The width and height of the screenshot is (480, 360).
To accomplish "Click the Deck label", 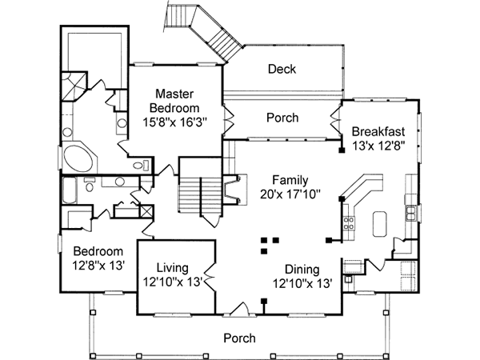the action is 282,69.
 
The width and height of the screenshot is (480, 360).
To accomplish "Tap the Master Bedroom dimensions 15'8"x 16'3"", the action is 175,122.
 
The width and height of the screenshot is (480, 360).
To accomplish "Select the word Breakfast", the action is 378,131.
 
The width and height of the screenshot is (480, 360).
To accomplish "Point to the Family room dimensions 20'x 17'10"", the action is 290,194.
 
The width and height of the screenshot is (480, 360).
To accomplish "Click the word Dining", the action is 302,270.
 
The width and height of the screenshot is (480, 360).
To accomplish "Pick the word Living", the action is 172,268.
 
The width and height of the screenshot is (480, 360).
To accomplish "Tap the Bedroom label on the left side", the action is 98,251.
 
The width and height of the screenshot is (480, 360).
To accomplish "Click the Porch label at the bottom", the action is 239,338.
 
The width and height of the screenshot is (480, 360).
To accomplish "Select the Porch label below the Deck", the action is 282,118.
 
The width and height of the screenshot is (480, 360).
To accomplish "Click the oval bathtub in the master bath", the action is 78,158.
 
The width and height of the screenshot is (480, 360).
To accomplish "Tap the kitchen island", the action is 379,224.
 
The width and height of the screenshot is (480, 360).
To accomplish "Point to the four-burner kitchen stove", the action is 349,223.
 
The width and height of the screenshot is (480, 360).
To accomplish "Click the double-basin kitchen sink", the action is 411,213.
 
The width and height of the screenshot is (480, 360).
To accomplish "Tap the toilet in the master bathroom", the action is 141,166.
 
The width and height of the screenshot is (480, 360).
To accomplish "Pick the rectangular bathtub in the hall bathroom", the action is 69,190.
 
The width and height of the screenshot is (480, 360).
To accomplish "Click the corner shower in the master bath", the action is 74,86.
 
